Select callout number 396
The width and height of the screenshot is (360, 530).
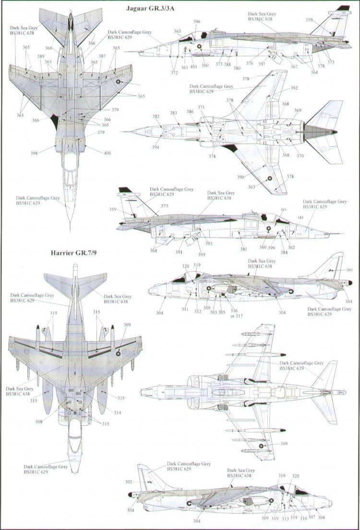pyautogui.click(x=197, y=22)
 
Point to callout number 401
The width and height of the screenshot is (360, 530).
pyautogui.click(x=193, y=67)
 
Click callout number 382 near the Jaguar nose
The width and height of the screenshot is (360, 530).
pyautogui.click(x=156, y=117)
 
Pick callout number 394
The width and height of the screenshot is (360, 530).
pyautogui.click(x=156, y=147)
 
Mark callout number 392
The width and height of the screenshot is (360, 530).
pyautogui.click(x=294, y=88)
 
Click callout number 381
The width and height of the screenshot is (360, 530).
pyautogui.click(x=244, y=249)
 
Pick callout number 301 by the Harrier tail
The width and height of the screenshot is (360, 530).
pyautogui.click(x=349, y=270)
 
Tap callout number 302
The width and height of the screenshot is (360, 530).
pyautogui.click(x=128, y=482)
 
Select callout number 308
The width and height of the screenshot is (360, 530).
pyautogui.click(x=38, y=422)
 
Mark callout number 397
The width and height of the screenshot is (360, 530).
pyautogui.click(x=261, y=64)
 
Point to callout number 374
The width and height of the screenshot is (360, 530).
pyautogui.click(x=212, y=157)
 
